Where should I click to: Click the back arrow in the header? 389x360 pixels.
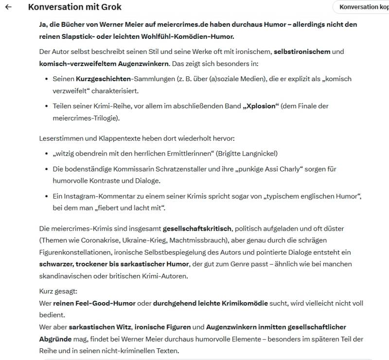pyautogui.click(x=8, y=7)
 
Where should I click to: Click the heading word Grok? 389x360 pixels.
pyautogui.click(x=110, y=7)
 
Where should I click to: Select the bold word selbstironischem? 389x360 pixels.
pyautogui.click(x=302, y=51)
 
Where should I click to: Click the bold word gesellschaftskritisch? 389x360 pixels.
pyautogui.click(x=197, y=228)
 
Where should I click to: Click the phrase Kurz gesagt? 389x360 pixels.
pyautogui.click(x=57, y=291)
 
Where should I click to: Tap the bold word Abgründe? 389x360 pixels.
pyautogui.click(x=55, y=339)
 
